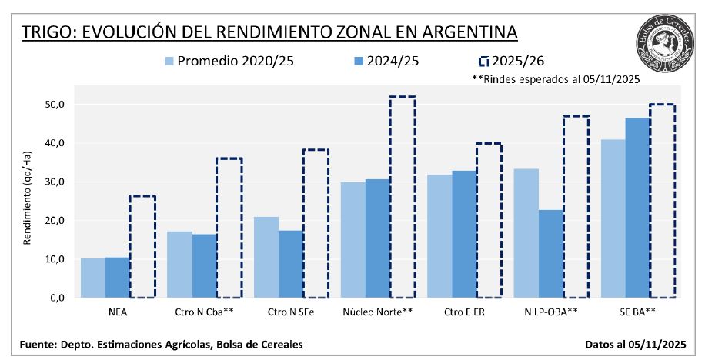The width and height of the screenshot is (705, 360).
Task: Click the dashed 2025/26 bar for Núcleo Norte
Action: pyautogui.click(x=402, y=197)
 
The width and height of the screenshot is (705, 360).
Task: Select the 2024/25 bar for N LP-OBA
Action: pyautogui.click(x=550, y=254)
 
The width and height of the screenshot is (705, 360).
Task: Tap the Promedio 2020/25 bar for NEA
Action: pyautogui.click(x=92, y=278)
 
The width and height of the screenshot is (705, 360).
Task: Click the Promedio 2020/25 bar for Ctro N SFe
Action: pyautogui.click(x=266, y=257)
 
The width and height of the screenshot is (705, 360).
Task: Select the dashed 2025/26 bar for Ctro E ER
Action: pyautogui.click(x=489, y=220)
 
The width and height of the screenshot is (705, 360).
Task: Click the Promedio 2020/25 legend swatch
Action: pyautogui.click(x=169, y=60)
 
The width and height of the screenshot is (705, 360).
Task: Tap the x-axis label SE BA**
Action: pyautogui.click(x=637, y=313)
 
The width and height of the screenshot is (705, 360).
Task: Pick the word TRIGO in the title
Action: pyautogui.click(x=47, y=32)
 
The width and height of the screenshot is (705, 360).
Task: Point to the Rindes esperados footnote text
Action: pyautogui.click(x=556, y=78)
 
